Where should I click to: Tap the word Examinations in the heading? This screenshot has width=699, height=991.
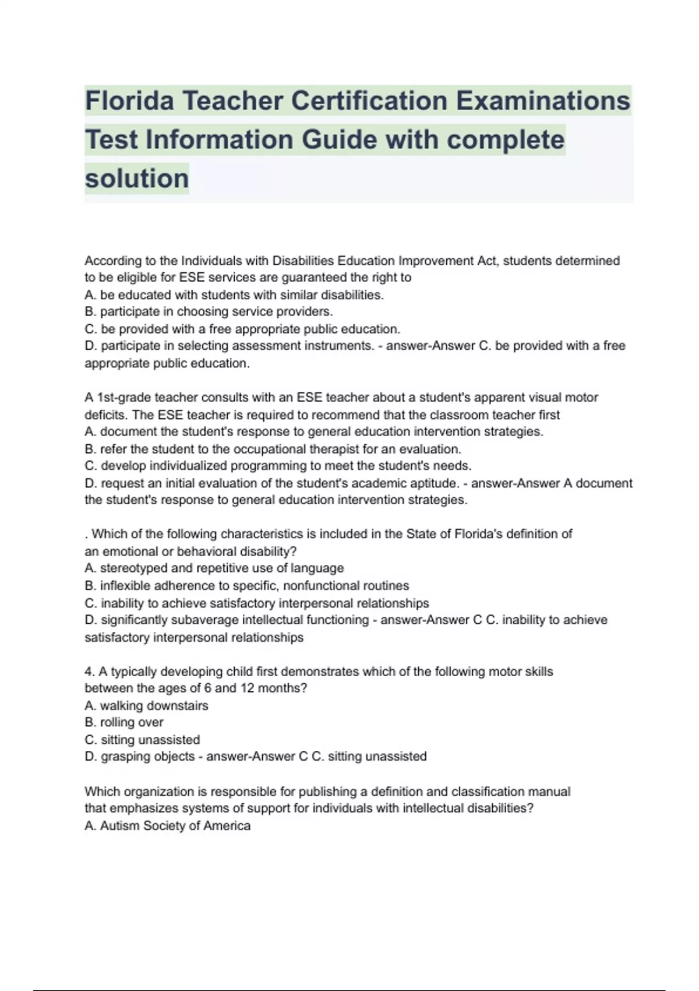pos(543,101)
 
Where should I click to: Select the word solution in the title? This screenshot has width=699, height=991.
pos(137,178)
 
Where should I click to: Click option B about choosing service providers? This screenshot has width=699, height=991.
pos(209,311)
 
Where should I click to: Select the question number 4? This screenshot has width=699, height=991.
pos(89,672)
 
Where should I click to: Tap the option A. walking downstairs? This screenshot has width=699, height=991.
pos(146,705)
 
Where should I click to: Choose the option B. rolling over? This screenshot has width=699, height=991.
pos(124,722)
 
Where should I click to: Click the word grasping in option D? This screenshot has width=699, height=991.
pos(125,757)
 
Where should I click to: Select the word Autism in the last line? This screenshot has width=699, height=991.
pos(120,825)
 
